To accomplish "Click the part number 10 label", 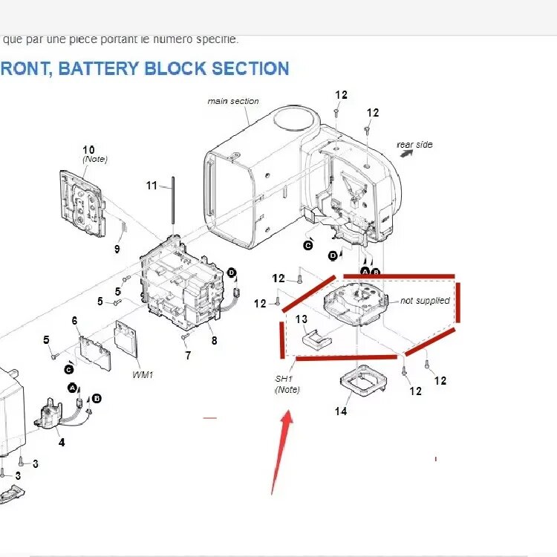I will click(88, 150).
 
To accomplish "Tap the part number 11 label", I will click(152, 186).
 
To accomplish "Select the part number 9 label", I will click(117, 249).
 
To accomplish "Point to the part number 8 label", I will click(214, 341).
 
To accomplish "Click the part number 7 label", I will click(188, 356).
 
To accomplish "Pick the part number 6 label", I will click(74, 320).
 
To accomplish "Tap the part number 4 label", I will click(62, 442).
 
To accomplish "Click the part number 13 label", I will click(301, 319).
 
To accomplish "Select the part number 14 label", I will click(341, 411).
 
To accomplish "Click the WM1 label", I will click(143, 374).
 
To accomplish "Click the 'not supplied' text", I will click(425, 301).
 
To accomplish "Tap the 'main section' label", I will click(233, 101).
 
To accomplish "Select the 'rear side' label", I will click(414, 145).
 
